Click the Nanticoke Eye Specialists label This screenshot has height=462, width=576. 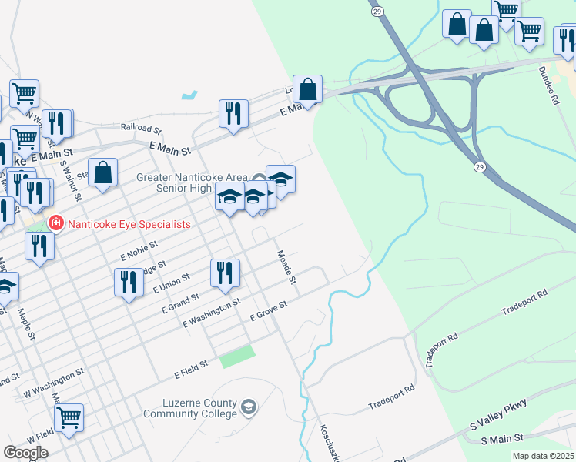129,224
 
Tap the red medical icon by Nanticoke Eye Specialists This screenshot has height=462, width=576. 55,224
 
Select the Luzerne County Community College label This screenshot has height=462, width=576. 190,407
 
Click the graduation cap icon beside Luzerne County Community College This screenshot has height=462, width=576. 249,406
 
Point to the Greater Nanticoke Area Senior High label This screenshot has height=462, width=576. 194,182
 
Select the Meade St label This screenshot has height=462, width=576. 287,266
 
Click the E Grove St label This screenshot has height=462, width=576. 269,310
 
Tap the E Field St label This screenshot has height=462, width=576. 192,367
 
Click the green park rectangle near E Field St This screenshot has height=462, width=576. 237,357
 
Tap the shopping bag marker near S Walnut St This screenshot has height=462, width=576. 102,172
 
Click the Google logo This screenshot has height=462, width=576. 25,452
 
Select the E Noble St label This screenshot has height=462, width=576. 139,249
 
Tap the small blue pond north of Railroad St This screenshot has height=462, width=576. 189,96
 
